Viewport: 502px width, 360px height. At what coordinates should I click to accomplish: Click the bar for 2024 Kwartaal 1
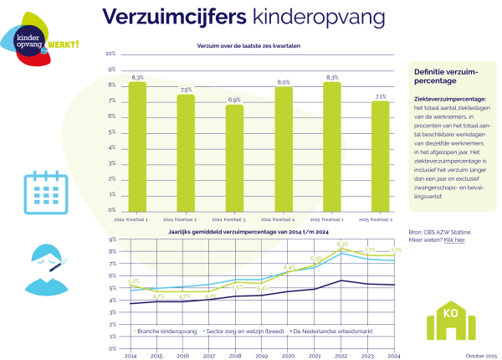coord(137,147)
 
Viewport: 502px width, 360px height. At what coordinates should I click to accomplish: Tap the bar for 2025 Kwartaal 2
coord(381,156)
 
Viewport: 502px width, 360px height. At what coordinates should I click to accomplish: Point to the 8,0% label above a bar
coord(284,82)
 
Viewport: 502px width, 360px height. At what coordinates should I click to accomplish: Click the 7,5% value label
coord(186,90)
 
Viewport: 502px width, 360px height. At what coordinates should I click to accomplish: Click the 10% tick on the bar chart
coord(110,54)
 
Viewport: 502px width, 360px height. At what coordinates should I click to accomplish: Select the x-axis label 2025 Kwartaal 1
coord(332,219)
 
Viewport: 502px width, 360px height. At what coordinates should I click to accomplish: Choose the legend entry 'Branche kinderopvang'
coord(167,331)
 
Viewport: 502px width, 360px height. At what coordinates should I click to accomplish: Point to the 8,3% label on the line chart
coord(341,244)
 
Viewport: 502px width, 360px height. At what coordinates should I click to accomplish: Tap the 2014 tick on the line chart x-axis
coord(130,356)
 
